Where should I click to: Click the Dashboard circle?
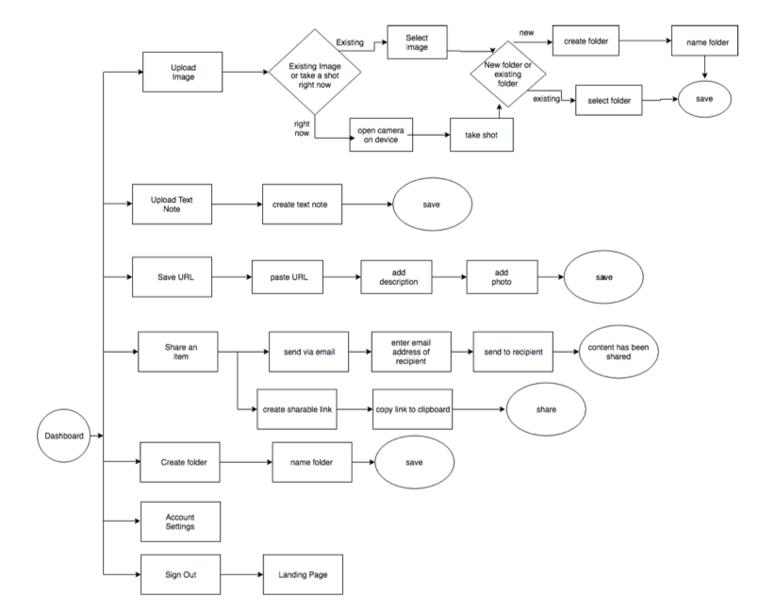point(64,436)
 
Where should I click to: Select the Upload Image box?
point(182,73)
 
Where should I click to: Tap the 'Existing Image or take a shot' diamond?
point(315,73)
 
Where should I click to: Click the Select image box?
point(417,42)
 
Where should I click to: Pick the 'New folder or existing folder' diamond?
point(507,75)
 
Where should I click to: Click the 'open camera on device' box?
point(381,135)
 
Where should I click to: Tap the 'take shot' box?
point(482,135)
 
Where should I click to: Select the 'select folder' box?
point(609,100)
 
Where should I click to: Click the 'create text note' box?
point(302,204)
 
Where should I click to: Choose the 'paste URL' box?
point(288,277)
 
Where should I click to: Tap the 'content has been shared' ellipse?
point(618,352)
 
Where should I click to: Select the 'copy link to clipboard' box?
point(413,409)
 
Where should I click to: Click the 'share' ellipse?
point(546,409)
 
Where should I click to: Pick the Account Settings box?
point(180,522)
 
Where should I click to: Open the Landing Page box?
point(303,574)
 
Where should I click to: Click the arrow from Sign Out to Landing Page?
point(241,574)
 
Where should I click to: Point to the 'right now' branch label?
point(302,128)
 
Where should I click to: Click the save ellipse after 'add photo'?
point(603,277)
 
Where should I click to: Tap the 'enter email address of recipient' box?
point(411,352)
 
